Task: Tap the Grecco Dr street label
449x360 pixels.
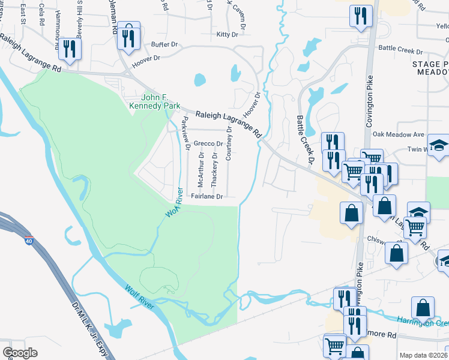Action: [x=208, y=144]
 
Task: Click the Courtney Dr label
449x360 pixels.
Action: [x=229, y=143]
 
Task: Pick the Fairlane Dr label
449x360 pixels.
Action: [x=207, y=196]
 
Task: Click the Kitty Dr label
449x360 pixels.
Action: [x=228, y=35]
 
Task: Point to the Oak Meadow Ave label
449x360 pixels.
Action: [x=399, y=134]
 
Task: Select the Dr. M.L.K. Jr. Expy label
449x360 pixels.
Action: [x=85, y=328]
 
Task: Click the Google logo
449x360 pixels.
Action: [x=20, y=352]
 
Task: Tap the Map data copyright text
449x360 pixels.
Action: [x=423, y=355]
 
